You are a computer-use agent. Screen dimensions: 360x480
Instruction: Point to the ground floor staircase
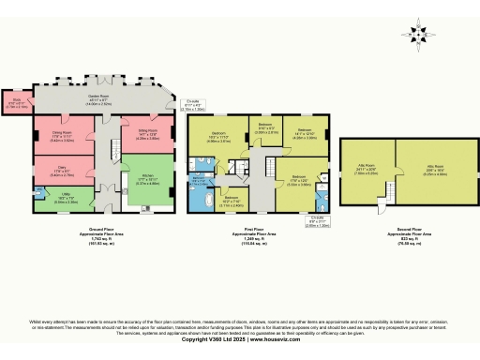tap(108, 150)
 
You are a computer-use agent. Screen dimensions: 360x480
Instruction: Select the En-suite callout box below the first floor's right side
tap(322, 222)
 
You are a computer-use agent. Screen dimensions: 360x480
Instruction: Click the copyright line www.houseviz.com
tap(240, 338)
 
